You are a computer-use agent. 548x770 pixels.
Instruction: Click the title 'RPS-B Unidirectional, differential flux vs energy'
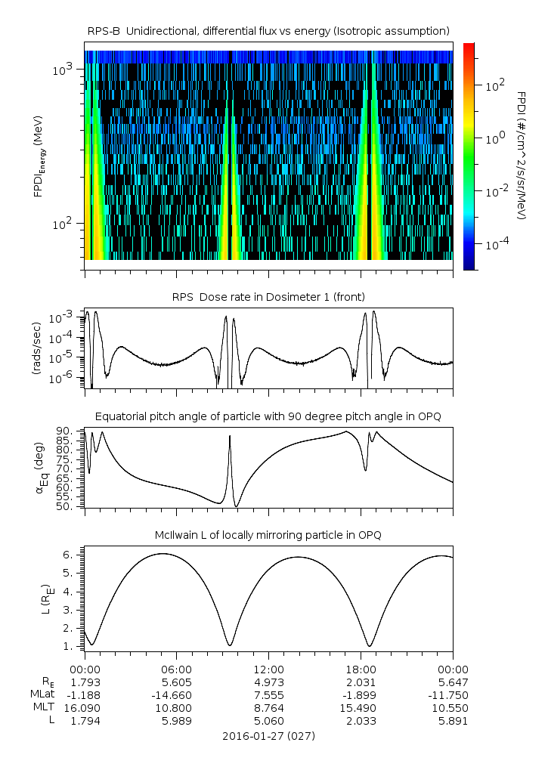pyautogui.click(x=268, y=30)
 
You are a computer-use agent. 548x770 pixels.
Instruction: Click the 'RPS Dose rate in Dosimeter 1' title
pyautogui.click(x=268, y=297)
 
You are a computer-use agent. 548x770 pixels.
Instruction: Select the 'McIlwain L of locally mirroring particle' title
pyautogui.click(x=268, y=535)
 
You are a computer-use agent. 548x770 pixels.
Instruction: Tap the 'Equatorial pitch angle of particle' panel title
pyautogui.click(x=268, y=416)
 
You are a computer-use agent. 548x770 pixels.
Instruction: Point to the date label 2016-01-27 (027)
pyautogui.click(x=268, y=735)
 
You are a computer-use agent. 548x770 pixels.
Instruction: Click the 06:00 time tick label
pyautogui.click(x=177, y=669)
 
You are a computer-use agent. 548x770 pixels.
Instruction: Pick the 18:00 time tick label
pyautogui.click(x=361, y=669)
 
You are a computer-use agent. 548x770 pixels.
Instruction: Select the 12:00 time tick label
pyautogui.click(x=268, y=669)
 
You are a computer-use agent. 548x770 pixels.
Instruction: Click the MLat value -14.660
pyautogui.click(x=177, y=694)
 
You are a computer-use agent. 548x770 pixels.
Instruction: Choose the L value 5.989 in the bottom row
pyautogui.click(x=177, y=721)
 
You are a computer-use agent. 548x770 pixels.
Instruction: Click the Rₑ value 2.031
pyautogui.click(x=361, y=682)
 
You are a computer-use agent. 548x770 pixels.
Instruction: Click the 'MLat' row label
pyautogui.click(x=41, y=694)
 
